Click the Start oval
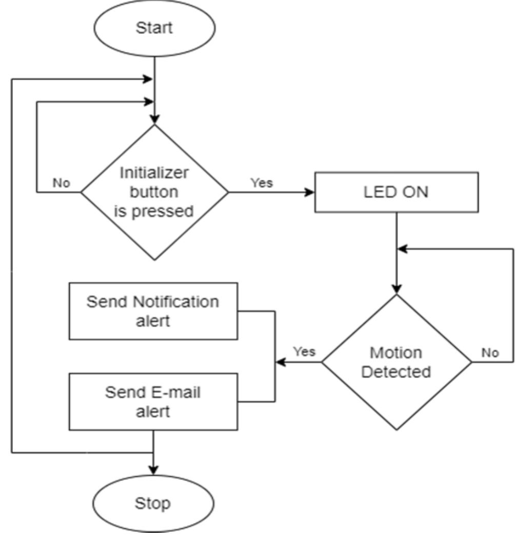point(154,28)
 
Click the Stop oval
point(153,503)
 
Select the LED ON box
point(396,192)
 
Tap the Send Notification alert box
point(153,311)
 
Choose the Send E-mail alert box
point(153,402)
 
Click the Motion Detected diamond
point(396,362)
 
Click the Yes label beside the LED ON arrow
point(262,182)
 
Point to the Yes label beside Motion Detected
point(304,352)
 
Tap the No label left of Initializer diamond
point(61,183)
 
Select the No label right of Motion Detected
point(490,352)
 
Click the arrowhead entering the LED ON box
point(309,192)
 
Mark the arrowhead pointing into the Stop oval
point(153,470)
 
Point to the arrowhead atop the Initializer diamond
point(154,119)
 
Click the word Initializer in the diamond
point(154,173)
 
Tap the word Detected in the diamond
point(396,372)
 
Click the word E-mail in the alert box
point(176,393)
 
